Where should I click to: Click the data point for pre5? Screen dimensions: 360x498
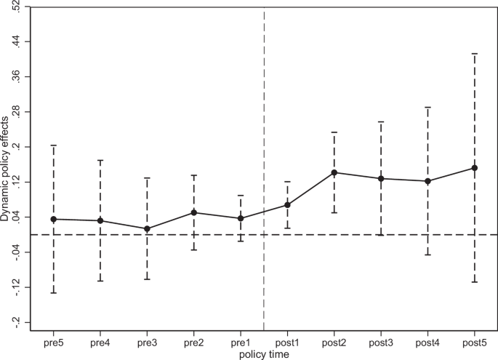point(53,219)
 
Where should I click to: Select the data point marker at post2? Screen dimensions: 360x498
point(334,172)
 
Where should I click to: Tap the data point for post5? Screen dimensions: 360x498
point(474,167)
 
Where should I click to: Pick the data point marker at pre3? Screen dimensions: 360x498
point(147,228)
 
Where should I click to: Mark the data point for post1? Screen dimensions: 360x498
point(287,204)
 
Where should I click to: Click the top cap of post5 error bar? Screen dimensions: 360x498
point(474,54)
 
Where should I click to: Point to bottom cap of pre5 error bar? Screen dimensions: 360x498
point(53,292)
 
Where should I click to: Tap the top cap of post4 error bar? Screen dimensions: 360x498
point(427,107)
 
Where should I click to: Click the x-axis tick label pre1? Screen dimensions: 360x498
point(240,343)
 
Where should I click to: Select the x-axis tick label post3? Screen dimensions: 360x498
point(380,343)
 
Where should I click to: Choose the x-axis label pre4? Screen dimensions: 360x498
point(100,343)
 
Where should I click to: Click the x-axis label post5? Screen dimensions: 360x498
point(474,343)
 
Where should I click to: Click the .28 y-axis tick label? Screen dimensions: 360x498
point(16,112)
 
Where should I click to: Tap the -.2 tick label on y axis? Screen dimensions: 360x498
point(16,322)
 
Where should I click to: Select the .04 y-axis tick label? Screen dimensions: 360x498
point(16,217)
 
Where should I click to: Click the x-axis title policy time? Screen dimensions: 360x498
point(264,354)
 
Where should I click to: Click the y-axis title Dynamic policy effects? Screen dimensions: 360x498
point(5,165)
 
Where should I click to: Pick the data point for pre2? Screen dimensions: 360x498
point(193,212)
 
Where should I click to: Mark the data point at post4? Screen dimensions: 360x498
point(427,180)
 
